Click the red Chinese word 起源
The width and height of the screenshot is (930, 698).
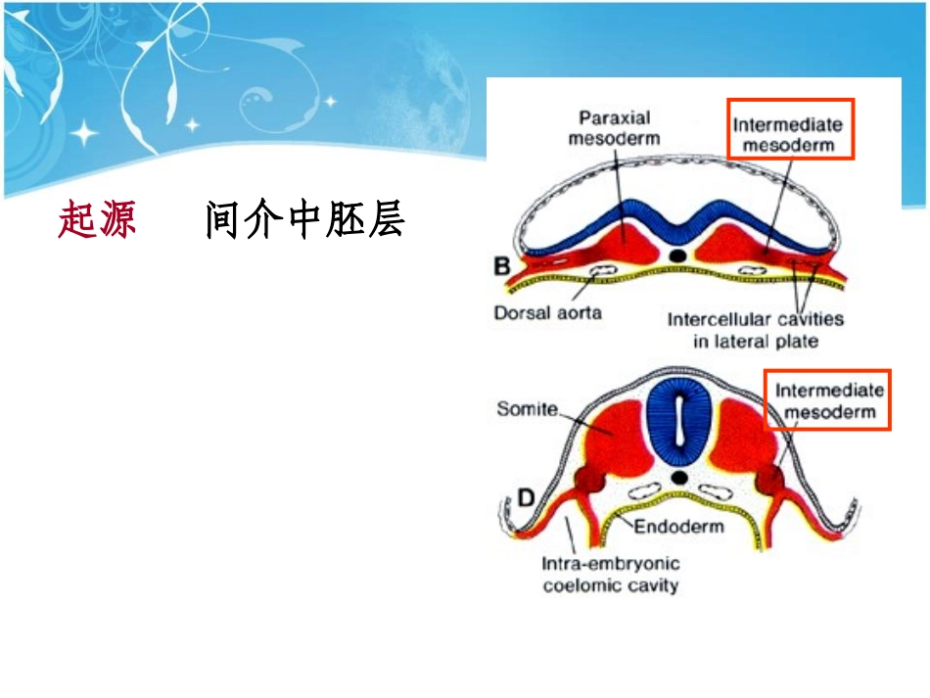[97, 219]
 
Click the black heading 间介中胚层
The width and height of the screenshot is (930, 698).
[304, 219]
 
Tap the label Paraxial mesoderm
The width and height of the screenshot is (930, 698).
[614, 128]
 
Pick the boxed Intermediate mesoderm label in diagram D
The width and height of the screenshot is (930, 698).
[828, 400]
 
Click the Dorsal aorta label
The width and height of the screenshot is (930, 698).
[547, 312]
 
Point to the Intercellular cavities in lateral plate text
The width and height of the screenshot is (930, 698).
[755, 330]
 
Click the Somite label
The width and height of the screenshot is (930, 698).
[527, 408]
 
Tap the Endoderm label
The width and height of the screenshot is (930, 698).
[678, 526]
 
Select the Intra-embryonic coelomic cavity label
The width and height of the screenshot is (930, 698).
[610, 574]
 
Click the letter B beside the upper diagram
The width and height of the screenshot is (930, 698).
[502, 265]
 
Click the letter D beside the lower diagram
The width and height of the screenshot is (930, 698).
[526, 497]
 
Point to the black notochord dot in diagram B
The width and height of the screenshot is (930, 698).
[677, 256]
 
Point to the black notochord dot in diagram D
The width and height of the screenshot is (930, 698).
[679, 478]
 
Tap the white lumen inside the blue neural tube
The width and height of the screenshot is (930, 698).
[679, 422]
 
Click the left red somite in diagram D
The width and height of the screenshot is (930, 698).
[617, 438]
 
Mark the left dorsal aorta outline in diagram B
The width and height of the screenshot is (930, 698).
[604, 270]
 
